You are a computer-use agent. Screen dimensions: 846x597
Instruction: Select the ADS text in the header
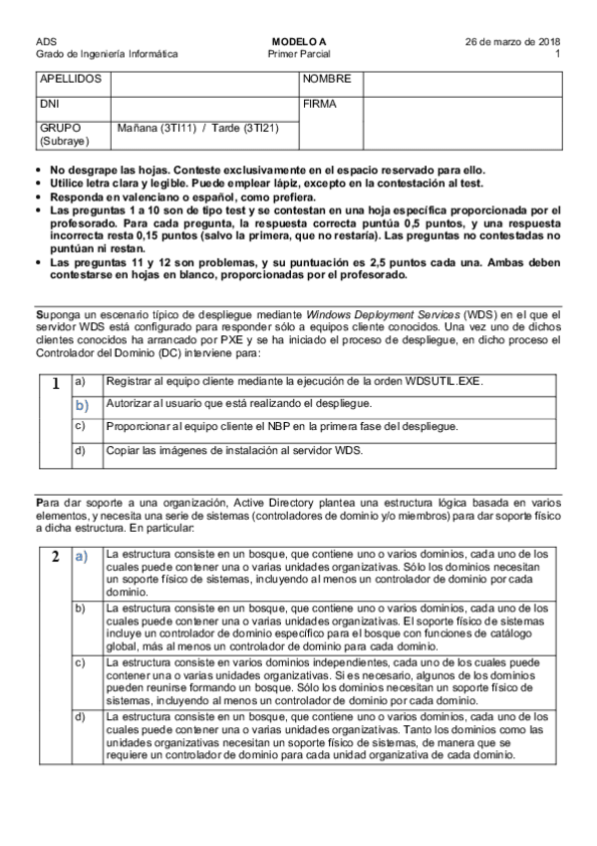coord(45,41)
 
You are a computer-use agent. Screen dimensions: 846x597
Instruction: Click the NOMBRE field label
coord(327,78)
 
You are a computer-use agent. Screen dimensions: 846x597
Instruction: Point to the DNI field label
coord(49,103)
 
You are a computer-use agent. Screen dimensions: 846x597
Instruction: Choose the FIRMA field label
coord(320,103)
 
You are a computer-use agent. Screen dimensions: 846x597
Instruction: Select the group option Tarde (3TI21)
coord(240,129)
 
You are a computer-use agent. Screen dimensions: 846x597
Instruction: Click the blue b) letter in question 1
coord(81,405)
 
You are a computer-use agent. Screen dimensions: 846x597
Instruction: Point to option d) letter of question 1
coord(81,449)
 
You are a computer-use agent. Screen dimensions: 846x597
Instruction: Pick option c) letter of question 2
coord(81,661)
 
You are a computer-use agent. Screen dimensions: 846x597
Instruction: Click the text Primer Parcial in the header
coord(299,54)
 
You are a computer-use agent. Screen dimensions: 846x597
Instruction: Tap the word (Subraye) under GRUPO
coord(58,142)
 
